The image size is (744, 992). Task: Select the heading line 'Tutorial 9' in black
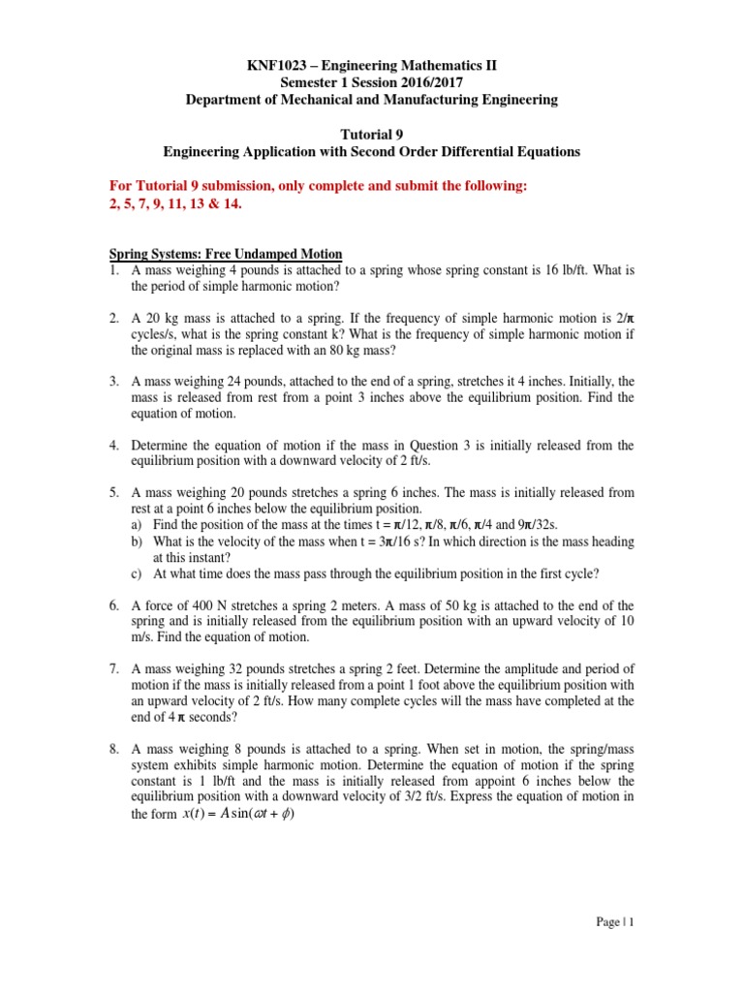(x=372, y=132)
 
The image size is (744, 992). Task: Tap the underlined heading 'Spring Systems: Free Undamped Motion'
(x=225, y=254)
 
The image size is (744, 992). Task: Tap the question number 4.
(x=112, y=445)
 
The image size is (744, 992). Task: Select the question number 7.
(x=112, y=667)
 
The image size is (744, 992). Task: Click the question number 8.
(x=112, y=747)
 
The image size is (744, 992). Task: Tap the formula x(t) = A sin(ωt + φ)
(x=238, y=813)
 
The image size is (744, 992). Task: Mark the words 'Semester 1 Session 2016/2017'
(x=372, y=82)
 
